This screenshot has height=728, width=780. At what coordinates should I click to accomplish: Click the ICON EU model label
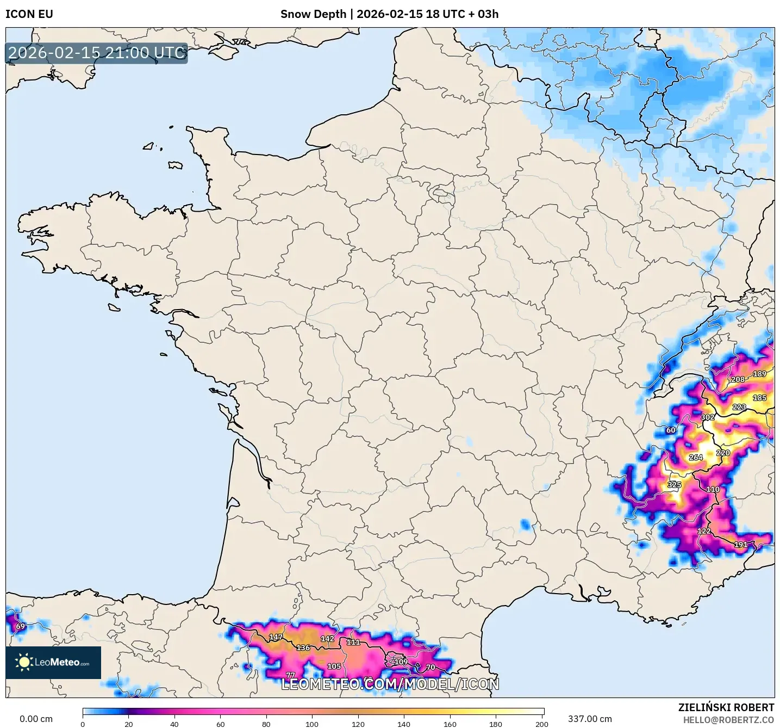[29, 14]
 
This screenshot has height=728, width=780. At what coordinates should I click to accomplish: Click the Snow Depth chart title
[389, 14]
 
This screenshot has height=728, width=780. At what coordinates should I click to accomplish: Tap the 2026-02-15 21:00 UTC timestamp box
[97, 53]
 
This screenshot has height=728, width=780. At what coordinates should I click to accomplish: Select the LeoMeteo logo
[53, 662]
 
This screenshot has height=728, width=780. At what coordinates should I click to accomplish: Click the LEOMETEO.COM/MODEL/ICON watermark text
[390, 684]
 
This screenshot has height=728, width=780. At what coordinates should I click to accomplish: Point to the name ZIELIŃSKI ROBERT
[726, 707]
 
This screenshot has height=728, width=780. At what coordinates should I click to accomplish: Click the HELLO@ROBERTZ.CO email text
[728, 720]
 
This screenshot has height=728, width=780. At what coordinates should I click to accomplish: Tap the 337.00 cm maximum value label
[590, 719]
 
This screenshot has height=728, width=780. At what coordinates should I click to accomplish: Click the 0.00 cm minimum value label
[36, 719]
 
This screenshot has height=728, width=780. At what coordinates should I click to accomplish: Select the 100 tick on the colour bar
[312, 724]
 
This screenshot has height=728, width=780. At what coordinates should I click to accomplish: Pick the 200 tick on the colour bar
[541, 724]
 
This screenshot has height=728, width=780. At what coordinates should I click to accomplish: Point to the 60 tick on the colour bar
[220, 724]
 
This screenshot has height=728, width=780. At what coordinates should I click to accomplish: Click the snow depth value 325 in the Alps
[674, 485]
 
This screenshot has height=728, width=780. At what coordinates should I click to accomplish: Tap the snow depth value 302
[708, 417]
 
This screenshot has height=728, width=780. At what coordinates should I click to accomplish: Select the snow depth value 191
[740, 545]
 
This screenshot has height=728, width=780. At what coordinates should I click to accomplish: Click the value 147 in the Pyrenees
[276, 637]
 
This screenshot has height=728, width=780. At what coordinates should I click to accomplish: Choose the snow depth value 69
[20, 626]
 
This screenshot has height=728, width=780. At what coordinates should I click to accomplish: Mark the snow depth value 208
[738, 379]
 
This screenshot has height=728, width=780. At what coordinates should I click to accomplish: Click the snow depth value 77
[291, 675]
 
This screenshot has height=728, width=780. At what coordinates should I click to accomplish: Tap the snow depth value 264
[696, 458]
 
